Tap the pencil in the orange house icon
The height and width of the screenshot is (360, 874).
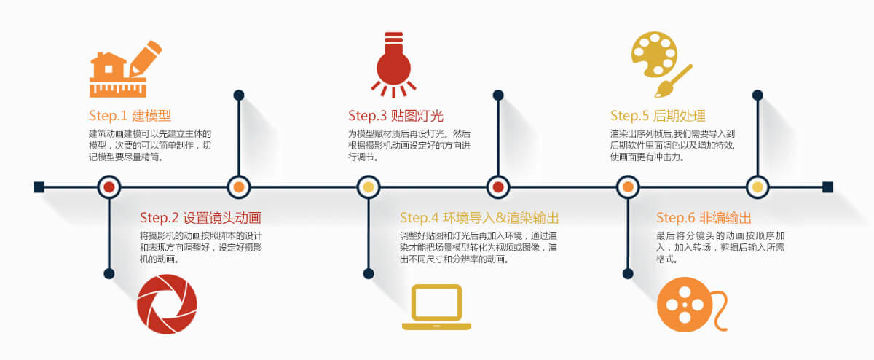pyautogui.click(x=145, y=58)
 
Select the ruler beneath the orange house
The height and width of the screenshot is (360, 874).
pyautogui.click(x=118, y=87)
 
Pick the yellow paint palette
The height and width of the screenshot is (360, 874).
pyautogui.click(x=654, y=54)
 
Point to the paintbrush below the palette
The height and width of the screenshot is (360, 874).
pyautogui.click(x=673, y=81)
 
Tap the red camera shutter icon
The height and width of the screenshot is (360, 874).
pyautogui.click(x=167, y=304)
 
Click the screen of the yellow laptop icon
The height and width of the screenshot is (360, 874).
pyautogui.click(x=436, y=302)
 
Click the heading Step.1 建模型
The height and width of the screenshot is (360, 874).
pyautogui.click(x=130, y=116)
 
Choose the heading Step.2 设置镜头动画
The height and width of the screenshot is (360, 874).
pyautogui.click(x=200, y=218)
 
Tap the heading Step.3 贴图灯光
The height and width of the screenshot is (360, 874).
pyautogui.click(x=395, y=116)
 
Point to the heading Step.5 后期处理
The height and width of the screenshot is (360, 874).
pyautogui.click(x=658, y=116)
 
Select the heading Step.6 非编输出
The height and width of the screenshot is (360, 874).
pyautogui.click(x=704, y=218)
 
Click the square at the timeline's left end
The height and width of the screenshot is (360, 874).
pyautogui.click(x=39, y=187)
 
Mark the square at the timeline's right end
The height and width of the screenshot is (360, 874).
pyautogui.click(x=827, y=187)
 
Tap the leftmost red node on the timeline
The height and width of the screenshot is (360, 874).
pyautogui.click(x=109, y=187)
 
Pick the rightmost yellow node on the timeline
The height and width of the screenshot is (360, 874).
pyautogui.click(x=757, y=187)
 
